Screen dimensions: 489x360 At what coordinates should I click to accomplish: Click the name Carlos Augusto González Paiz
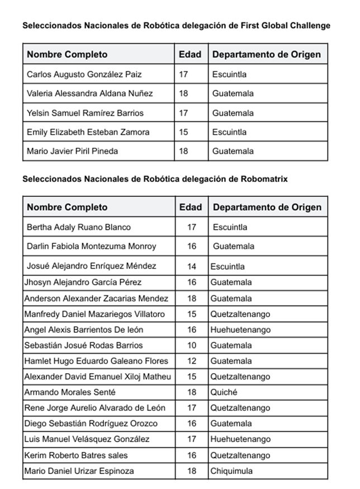[x=84, y=74]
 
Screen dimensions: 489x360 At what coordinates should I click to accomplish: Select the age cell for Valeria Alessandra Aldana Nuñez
[x=183, y=93]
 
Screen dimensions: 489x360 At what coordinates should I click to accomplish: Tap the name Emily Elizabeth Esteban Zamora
[x=88, y=132]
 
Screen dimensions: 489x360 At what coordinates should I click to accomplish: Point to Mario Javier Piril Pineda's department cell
[x=233, y=151]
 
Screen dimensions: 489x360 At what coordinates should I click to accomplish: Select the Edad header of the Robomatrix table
[x=191, y=207]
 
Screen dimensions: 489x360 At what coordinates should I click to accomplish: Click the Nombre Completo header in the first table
[x=67, y=54]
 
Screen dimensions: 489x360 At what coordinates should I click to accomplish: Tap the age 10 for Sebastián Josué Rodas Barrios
[x=192, y=345]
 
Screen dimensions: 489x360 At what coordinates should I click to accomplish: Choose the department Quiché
[x=224, y=392]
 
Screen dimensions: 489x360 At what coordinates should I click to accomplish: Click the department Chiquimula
[x=231, y=471]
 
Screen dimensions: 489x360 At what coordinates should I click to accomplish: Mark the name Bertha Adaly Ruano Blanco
[x=79, y=227]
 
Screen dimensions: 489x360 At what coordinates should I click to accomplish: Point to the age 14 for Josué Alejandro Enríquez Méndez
[x=192, y=266]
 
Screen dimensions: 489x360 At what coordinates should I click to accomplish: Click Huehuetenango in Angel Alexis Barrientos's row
[x=240, y=330]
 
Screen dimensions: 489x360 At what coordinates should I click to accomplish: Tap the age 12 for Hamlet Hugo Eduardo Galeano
[x=192, y=361]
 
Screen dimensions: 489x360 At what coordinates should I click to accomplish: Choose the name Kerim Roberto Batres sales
[x=76, y=455]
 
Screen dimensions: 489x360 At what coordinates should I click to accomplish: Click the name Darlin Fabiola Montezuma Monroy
[x=92, y=246]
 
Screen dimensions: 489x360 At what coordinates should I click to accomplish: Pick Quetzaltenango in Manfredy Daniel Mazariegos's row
[x=240, y=314]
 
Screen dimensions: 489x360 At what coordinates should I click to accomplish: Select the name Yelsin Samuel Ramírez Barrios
[x=85, y=113]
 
